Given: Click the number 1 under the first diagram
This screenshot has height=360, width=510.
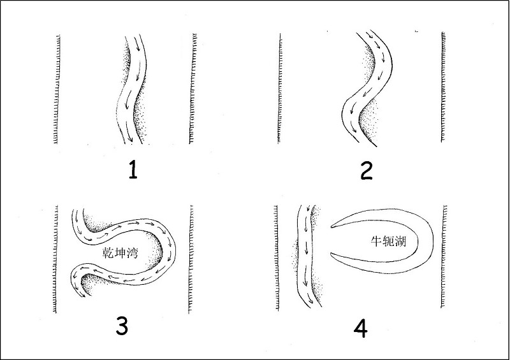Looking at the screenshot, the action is coord(133,170).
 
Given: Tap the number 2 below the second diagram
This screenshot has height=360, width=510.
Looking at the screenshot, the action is coord(366,171).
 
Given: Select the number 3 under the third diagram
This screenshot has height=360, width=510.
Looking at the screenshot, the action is coord(122,326).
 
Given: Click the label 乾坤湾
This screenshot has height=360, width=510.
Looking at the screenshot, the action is coord(120,253).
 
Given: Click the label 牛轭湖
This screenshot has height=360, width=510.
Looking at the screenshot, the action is coord(389,241).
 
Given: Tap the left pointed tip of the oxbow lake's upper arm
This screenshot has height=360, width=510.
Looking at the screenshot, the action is coord(331,227).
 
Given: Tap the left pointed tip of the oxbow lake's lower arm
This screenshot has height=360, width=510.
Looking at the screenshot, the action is coord(330,253).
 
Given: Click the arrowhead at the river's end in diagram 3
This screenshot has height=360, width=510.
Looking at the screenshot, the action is coord(84,295).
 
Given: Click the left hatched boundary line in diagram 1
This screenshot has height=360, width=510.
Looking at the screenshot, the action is coord(57,89).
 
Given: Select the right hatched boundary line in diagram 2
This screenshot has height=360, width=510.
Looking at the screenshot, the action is coord(443,87).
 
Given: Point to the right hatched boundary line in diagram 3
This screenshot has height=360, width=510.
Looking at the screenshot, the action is coord(191,259).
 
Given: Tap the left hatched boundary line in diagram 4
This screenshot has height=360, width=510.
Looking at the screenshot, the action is coord(277,258).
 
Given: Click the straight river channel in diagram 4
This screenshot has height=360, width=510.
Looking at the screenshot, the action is coord(306,256).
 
